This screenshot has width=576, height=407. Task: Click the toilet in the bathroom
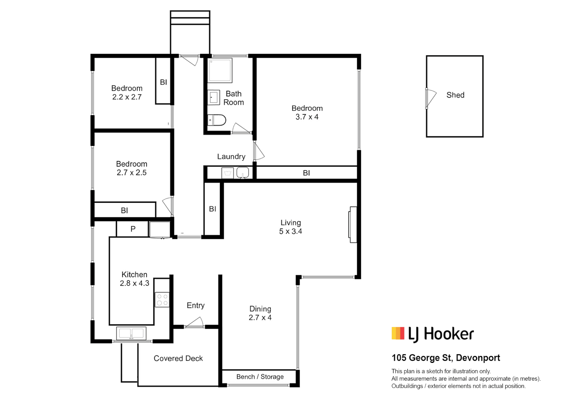(x=217, y=120)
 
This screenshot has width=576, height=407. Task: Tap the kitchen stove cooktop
(x=162, y=300)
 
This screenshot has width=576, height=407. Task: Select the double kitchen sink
(x=131, y=333)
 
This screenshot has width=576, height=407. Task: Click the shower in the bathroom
(x=220, y=70)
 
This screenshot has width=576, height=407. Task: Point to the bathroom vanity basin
(x=214, y=97)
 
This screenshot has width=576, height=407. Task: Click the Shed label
(x=455, y=95)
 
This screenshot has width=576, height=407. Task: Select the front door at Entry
(x=194, y=323)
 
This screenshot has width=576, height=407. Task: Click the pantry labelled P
(x=133, y=229)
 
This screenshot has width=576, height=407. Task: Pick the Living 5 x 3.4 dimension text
(x=290, y=231)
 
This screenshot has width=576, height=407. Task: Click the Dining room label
(x=260, y=309)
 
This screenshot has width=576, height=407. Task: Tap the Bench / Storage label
(x=260, y=377)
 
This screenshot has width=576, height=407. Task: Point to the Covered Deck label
(x=178, y=358)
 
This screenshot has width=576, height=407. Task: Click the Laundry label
(x=231, y=156)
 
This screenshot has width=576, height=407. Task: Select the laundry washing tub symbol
(x=227, y=173)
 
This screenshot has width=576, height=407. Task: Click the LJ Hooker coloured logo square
(x=398, y=333)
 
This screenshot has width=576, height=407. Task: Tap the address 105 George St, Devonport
(x=445, y=358)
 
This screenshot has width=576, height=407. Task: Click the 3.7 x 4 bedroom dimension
(x=307, y=117)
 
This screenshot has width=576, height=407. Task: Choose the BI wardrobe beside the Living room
(x=212, y=209)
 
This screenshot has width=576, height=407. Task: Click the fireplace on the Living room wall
(x=353, y=225)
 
